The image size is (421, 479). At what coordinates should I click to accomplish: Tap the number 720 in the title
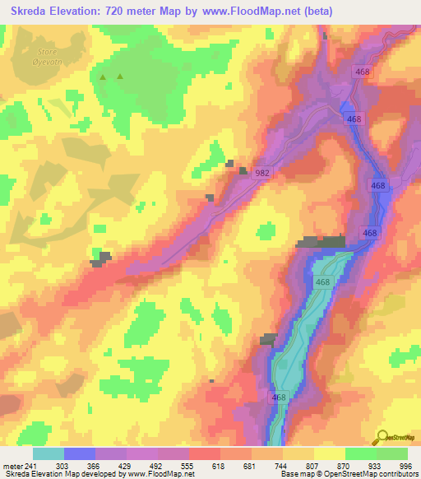(x=125, y=11)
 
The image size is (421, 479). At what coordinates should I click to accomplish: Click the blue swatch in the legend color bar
(x=79, y=453)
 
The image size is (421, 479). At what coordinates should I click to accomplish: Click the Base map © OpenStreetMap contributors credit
(x=348, y=473)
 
